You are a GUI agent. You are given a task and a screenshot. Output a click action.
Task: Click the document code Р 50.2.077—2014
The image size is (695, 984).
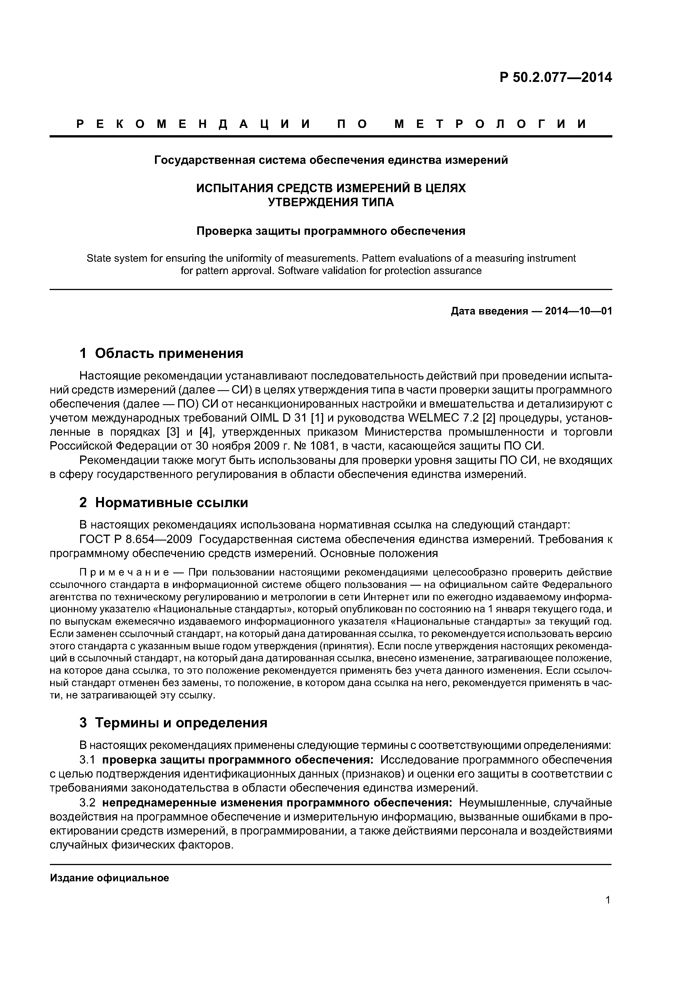click(555, 78)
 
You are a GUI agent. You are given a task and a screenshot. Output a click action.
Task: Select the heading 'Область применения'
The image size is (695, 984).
click(169, 353)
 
